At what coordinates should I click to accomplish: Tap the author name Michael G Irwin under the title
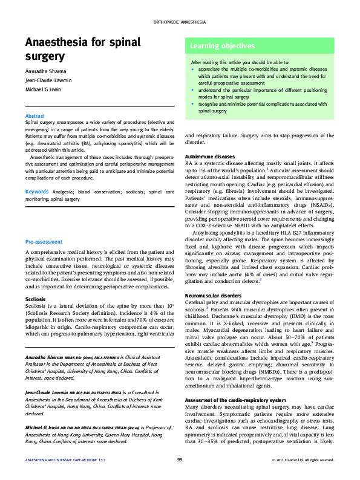click(44, 89)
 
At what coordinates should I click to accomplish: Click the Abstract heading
click(34, 115)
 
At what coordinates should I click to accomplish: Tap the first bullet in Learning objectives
click(192, 70)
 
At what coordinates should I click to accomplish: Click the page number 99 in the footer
click(180, 460)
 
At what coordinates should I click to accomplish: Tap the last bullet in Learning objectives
click(192, 103)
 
